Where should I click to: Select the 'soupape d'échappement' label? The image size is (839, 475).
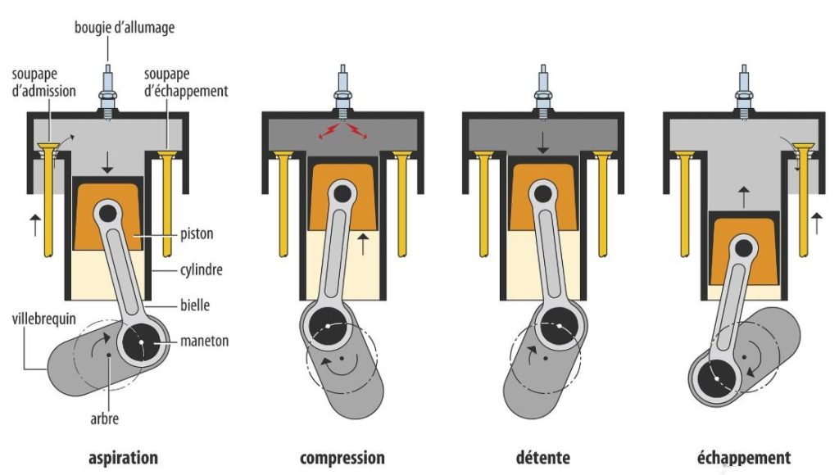[185, 84]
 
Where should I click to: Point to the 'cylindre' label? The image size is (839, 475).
[202, 269]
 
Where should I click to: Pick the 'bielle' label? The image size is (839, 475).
[194, 305]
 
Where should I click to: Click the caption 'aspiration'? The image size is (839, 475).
[123, 456]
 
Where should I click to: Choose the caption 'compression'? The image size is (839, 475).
[342, 456]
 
